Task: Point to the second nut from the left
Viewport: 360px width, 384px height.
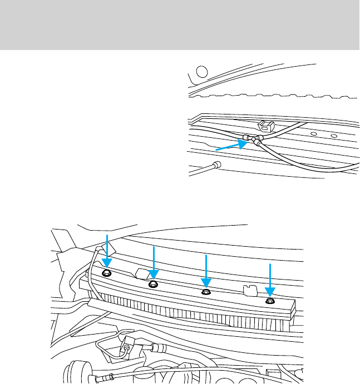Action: tap(154, 285)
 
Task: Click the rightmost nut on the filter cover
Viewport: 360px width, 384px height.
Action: tap(270, 301)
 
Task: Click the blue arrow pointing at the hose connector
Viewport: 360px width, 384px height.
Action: tap(230, 146)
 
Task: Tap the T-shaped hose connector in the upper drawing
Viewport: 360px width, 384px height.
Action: tap(254, 139)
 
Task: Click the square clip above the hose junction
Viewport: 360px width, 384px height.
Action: tap(265, 126)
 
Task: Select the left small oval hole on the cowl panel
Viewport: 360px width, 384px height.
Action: tap(314, 134)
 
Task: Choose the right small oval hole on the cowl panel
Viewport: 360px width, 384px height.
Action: tap(333, 136)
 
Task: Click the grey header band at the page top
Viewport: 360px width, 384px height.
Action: tap(180, 25)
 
